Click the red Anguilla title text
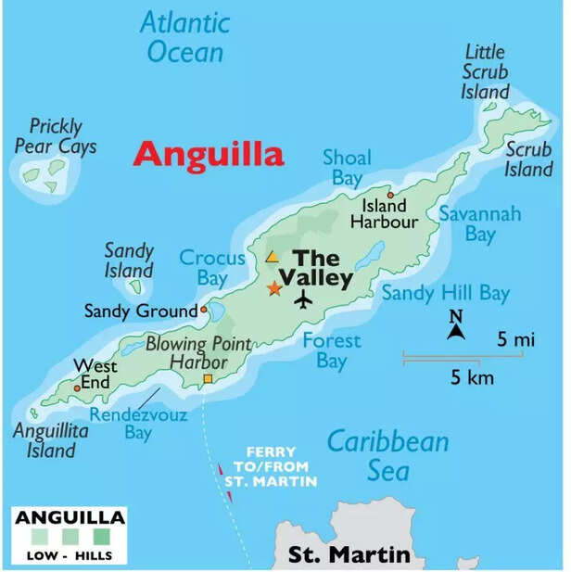(x=208, y=154)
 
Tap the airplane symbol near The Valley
(x=303, y=299)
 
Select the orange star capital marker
(x=273, y=288)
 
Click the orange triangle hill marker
(x=273, y=257)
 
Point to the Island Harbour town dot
(x=391, y=195)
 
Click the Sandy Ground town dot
(x=204, y=311)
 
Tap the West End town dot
(x=77, y=388)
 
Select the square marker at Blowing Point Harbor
(x=208, y=379)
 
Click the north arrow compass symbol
(x=455, y=327)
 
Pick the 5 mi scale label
(x=516, y=340)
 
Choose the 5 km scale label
(x=473, y=377)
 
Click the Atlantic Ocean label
(x=185, y=37)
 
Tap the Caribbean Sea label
(x=387, y=455)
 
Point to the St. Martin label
(x=349, y=555)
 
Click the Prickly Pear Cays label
(x=56, y=135)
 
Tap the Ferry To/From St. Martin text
(x=270, y=466)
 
